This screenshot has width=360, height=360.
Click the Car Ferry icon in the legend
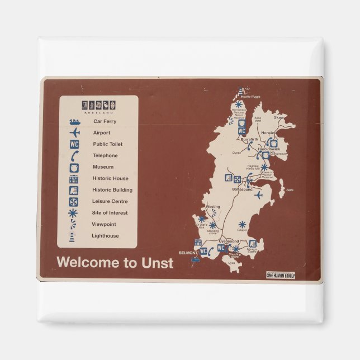74,121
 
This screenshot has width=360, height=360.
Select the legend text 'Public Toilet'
108,144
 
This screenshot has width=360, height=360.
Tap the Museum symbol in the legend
74,167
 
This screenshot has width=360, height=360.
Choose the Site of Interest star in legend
74,213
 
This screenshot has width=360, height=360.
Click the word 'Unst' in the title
156,262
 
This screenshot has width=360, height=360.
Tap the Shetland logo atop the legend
98,106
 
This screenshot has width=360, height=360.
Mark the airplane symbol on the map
258,195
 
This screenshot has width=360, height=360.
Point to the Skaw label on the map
278,118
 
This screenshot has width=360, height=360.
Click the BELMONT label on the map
188,253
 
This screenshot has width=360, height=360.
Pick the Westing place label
213,207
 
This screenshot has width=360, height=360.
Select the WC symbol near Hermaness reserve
242,131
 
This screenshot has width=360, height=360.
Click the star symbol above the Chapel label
241,224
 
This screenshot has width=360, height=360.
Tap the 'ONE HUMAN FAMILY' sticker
281,275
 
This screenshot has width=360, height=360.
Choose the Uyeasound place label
229,241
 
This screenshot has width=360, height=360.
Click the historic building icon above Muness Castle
253,243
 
